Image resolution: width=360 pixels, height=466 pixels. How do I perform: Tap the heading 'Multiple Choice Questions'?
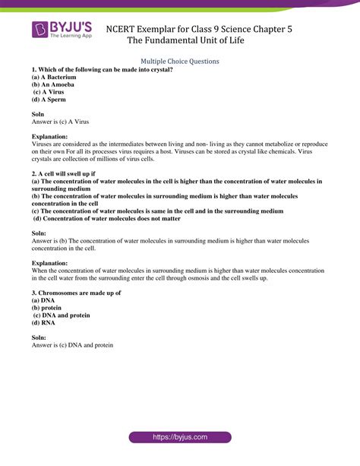coord(180,61)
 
